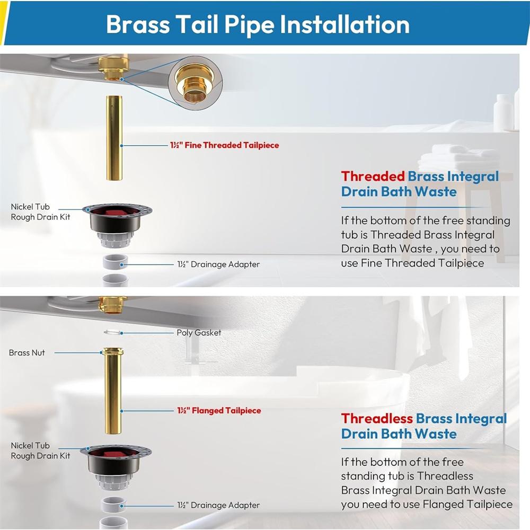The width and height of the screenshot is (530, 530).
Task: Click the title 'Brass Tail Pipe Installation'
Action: [258, 25]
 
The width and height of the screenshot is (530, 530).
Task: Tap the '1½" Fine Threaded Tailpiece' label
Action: [224, 145]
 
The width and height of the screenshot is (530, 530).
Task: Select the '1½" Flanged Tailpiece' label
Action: [219, 411]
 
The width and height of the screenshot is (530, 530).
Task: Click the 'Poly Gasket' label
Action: [199, 333]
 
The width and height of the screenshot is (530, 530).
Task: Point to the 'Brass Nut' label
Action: [27, 352]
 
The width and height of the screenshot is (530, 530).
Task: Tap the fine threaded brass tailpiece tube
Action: [114, 138]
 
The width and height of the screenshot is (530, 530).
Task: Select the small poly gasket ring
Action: [113, 332]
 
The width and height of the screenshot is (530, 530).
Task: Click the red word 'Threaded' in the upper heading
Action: [373, 176]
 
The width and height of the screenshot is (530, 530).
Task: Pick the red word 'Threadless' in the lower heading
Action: [377, 419]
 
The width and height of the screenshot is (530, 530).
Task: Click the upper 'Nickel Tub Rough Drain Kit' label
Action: [40, 211]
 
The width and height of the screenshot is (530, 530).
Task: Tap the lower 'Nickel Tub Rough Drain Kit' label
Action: [40, 450]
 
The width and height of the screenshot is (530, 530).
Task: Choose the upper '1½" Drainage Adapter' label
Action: [218, 264]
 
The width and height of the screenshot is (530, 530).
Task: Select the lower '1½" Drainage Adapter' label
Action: [218, 505]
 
